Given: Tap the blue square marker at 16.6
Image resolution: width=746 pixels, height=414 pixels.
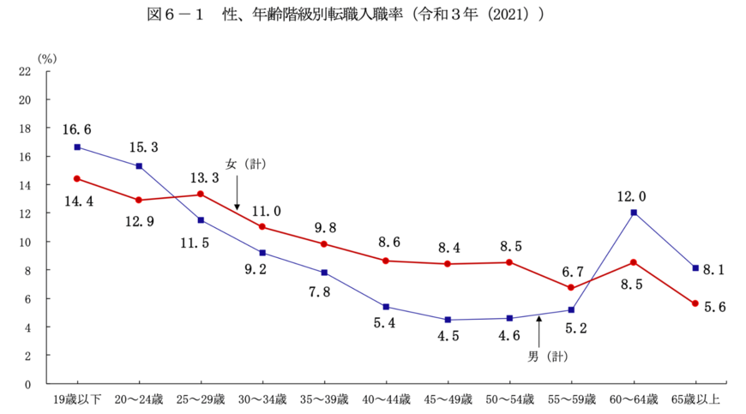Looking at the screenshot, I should (x=77, y=147).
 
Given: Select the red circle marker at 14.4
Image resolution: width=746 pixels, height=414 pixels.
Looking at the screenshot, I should (x=77, y=178).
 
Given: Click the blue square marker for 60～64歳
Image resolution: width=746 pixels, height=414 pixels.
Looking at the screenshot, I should (x=634, y=213).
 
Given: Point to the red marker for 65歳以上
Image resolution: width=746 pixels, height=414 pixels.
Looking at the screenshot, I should (x=695, y=303).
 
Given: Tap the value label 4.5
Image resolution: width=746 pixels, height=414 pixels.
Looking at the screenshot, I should (x=448, y=336).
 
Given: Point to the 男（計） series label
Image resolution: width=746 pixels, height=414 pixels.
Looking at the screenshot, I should (x=548, y=353).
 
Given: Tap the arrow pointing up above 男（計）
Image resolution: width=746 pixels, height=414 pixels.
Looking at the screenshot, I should (x=538, y=330).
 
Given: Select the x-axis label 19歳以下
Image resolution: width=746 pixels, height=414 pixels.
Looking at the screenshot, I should (x=77, y=399).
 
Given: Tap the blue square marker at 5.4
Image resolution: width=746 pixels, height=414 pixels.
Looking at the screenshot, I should (x=387, y=306).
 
